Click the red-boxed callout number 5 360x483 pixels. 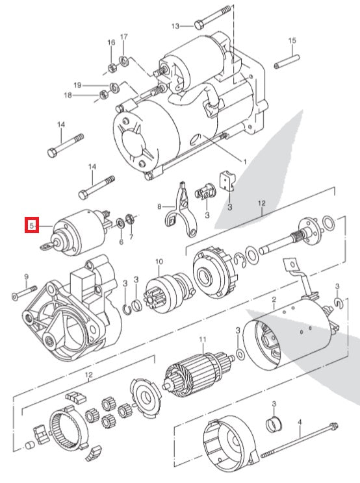pyautogui.click(x=30, y=225)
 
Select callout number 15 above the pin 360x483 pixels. pyautogui.click(x=292, y=41)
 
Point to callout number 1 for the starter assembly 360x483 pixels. pyautogui.click(x=244, y=160)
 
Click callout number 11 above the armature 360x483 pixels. pyautogui.click(x=202, y=340)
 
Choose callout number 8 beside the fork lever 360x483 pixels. pyautogui.click(x=158, y=207)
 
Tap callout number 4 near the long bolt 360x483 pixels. pyautogui.click(x=300, y=422)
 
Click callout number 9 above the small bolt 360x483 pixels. pyautogui.click(x=27, y=277)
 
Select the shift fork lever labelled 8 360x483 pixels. pyautogui.click(x=177, y=206)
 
